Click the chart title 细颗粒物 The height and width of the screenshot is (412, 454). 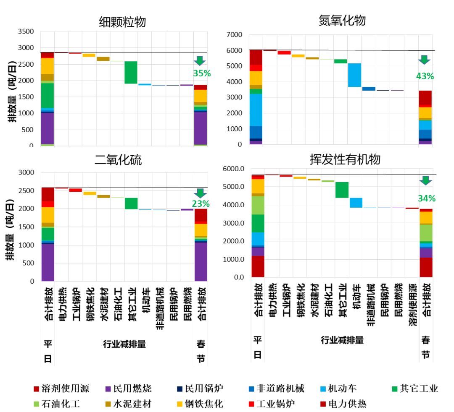point(122,22)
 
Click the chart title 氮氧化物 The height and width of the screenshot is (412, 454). point(342,21)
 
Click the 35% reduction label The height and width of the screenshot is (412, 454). point(201,73)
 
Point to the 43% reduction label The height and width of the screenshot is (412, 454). point(425,76)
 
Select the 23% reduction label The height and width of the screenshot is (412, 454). point(201,204)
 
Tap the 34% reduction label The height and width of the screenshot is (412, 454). point(426,198)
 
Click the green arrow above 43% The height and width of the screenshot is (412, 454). point(425,60)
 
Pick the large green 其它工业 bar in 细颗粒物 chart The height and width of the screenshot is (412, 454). point(131,73)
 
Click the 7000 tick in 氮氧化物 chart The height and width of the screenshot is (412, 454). point(235,34)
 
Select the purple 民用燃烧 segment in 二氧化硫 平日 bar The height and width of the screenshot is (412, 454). point(48,262)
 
